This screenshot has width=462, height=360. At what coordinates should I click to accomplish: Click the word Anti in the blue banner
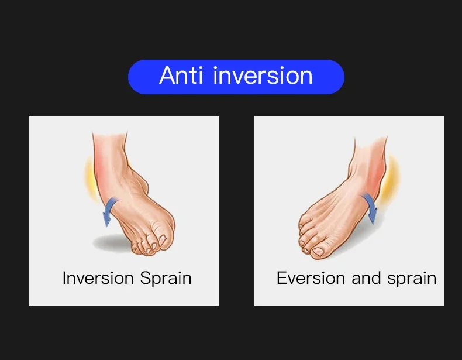[181, 76]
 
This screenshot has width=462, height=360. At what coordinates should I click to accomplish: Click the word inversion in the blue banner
[263, 76]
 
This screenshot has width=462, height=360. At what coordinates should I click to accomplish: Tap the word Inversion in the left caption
[98, 278]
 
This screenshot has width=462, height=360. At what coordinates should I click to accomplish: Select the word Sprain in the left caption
[166, 279]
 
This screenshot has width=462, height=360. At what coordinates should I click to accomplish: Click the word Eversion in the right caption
[311, 278]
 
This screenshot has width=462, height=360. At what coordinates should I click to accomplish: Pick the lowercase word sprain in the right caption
[412, 279]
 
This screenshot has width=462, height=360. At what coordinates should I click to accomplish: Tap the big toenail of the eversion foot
[318, 252]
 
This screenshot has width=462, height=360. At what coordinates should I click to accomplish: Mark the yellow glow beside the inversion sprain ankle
[90, 180]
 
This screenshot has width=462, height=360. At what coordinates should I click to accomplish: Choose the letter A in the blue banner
[167, 76]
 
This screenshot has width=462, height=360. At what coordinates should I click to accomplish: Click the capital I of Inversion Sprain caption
[64, 278]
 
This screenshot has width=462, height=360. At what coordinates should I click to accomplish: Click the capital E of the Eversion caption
[281, 278]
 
